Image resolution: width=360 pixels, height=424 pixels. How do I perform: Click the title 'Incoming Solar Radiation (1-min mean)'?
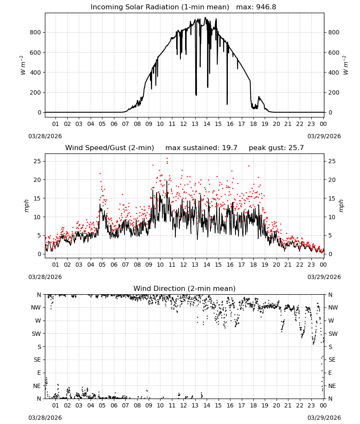coord(160,7)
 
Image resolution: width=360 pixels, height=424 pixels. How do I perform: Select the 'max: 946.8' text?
coord(256,7)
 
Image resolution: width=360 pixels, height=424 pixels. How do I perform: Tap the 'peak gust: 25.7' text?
coord(276,148)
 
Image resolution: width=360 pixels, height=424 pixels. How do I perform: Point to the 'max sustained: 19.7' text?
coord(201,148)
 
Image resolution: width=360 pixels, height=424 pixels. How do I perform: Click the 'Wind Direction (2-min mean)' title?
coord(185,288)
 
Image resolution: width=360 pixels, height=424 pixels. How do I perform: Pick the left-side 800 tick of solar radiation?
coord(36,33)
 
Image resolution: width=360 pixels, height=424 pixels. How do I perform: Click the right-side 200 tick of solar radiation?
coord(334,92)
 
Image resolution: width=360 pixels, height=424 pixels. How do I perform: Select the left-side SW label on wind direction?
coord(36,334)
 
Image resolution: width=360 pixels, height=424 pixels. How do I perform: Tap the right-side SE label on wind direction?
coord(332,360)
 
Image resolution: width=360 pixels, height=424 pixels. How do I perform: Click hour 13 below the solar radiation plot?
coord(195,124)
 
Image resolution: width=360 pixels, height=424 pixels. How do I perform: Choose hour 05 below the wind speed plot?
coord(102,265)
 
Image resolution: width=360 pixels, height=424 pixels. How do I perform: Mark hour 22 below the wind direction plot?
coord(299,405)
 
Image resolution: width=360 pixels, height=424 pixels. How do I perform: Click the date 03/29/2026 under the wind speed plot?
coord(324,277)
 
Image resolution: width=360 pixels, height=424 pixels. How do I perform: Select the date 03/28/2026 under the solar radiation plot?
coord(45,136)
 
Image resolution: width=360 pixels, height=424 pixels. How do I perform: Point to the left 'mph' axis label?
coord(26,206)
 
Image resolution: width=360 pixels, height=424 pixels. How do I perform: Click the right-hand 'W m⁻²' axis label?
coord(346,65)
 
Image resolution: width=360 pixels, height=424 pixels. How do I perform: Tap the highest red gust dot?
coord(167,159)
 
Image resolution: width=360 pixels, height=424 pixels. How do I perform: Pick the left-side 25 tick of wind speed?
coord(37,162)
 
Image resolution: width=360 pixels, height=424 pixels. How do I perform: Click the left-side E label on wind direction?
coord(39,373)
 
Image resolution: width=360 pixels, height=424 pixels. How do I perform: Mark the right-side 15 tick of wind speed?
coord(332,198)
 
